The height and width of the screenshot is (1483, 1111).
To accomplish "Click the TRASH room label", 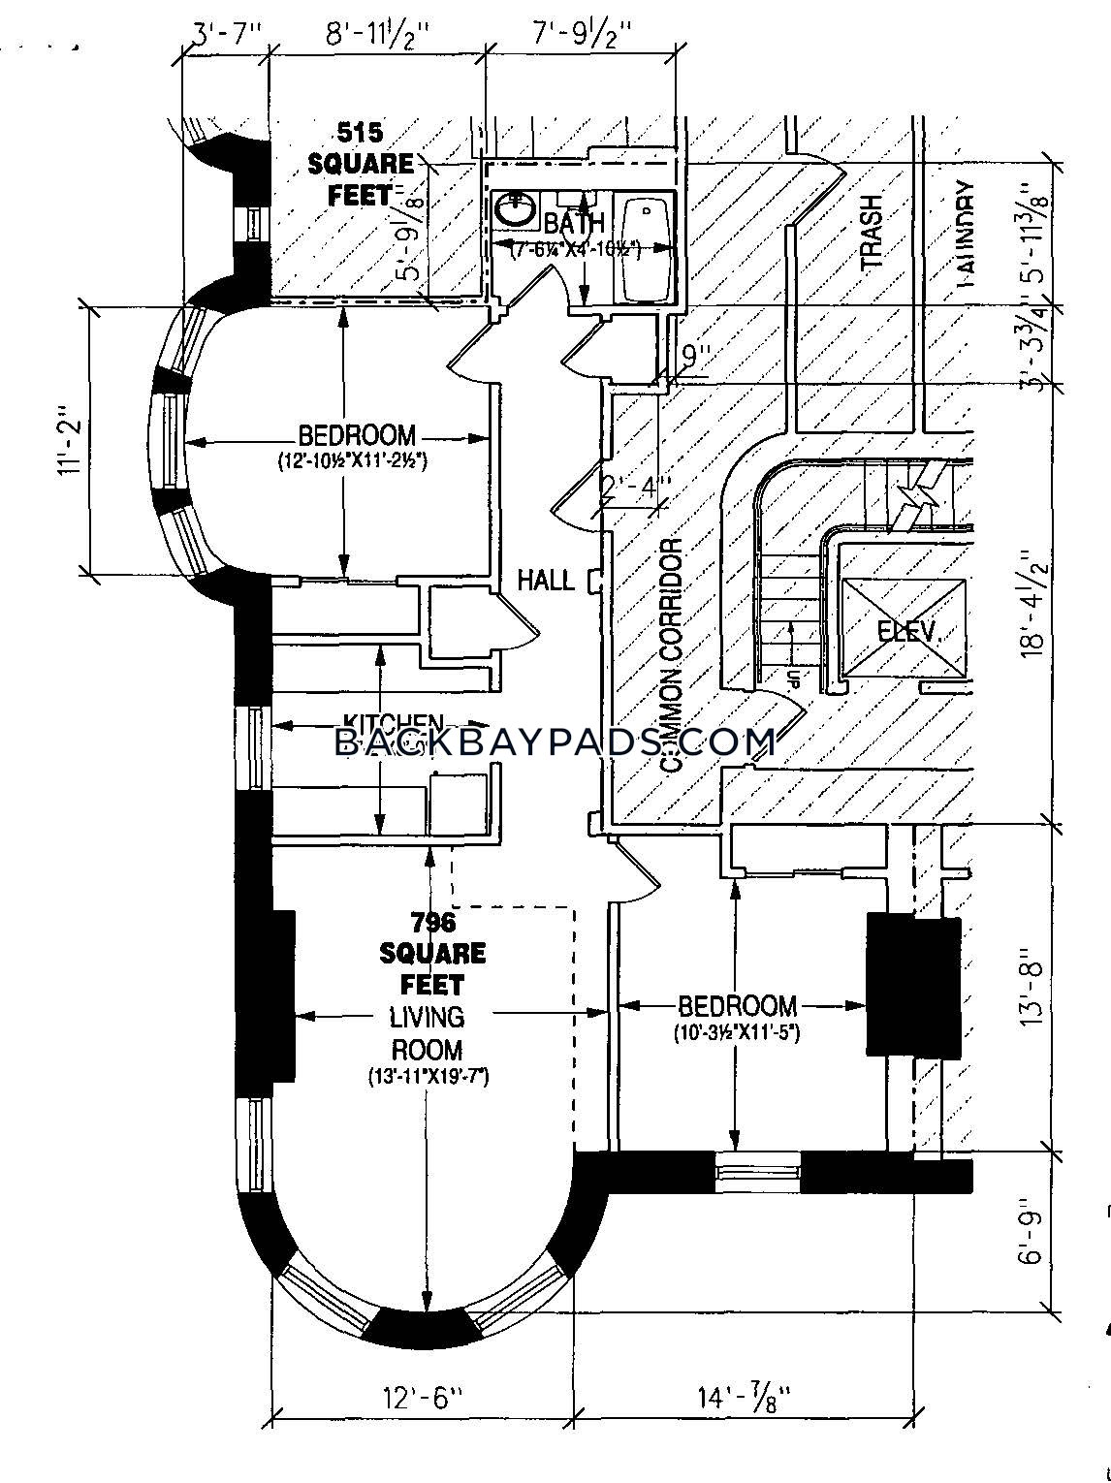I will pos(872,231).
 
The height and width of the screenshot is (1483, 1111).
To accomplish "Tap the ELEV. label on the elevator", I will pos(907,632).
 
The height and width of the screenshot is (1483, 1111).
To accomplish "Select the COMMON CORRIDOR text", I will pos(671,655).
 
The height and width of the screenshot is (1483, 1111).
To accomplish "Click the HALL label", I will pos(545,581).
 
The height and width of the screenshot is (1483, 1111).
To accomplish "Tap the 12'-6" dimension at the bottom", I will pos(421,1399).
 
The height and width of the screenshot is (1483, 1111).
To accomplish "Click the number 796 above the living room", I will pos(432,921).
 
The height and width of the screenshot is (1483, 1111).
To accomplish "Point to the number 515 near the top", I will pos(360,131).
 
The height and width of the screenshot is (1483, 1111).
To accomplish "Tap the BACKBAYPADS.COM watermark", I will pos(555,742).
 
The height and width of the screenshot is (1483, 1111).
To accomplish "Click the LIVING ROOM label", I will pos(427,1033).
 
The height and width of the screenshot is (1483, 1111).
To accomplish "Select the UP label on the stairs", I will pos(792,678).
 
